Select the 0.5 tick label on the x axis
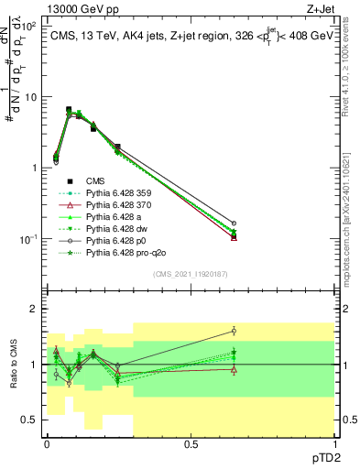pyautogui.click(x=191, y=443)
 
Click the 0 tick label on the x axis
pyautogui.click(x=47, y=443)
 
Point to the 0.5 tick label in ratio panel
pyautogui.click(x=29, y=420)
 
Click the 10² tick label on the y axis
pyautogui.click(x=27, y=27)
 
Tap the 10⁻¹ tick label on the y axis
pyautogui.click(x=27, y=239)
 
